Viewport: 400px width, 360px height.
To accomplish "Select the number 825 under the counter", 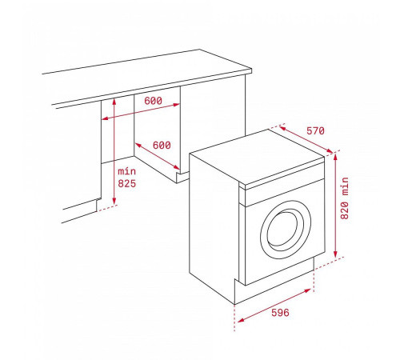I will (127, 184).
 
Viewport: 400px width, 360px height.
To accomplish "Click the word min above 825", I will (127, 171).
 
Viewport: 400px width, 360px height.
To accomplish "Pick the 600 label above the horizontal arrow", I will (154, 102).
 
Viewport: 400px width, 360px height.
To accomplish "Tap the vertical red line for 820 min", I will (337, 204).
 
